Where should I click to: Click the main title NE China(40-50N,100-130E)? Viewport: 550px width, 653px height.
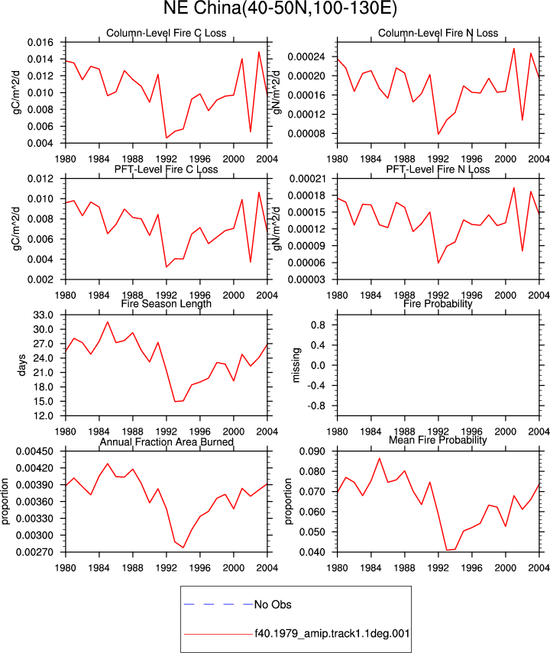(x=280, y=8)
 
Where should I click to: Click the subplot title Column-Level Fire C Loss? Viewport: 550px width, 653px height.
(x=167, y=33)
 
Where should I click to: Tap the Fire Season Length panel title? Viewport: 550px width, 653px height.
(x=167, y=304)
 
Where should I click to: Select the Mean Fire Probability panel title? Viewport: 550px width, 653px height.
(x=438, y=440)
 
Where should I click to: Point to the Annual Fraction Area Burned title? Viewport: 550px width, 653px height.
(x=167, y=442)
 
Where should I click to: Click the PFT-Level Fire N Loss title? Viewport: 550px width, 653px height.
(x=438, y=169)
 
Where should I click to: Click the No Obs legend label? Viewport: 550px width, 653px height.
(x=273, y=604)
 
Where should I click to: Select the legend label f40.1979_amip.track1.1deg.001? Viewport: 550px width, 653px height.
(x=332, y=634)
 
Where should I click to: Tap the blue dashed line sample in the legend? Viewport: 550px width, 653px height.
(x=218, y=604)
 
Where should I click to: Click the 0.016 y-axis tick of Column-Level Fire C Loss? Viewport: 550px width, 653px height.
(x=40, y=43)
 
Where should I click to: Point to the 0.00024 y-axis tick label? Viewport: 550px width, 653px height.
(x=306, y=57)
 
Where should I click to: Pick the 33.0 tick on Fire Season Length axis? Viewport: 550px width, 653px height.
(x=44, y=315)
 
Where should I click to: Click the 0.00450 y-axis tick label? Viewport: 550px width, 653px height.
(x=34, y=451)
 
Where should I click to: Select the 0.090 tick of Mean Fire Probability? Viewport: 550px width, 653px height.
(x=312, y=451)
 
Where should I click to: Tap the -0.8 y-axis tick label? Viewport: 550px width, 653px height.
(x=318, y=406)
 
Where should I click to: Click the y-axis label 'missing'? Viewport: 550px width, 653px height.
(x=296, y=365)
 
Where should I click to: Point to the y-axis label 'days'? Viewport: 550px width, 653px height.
(x=21, y=365)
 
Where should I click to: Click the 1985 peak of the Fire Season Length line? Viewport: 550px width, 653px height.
(x=108, y=322)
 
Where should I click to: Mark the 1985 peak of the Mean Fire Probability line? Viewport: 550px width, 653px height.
(x=379, y=458)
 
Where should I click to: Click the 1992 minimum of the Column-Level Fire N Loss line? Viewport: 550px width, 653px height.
(x=438, y=134)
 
